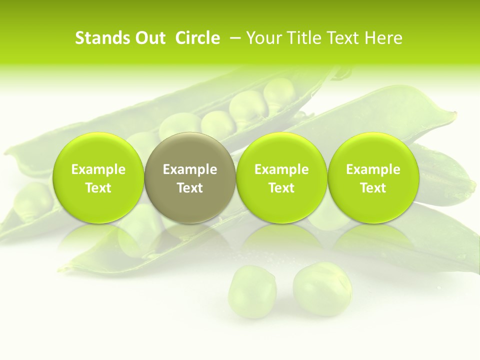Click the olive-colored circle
[x=190, y=177]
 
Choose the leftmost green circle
[x=98, y=177]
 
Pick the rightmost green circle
[x=373, y=177]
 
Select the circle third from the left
[x=281, y=177]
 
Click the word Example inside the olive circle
[x=190, y=169]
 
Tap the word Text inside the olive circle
[x=190, y=188]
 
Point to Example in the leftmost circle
[x=98, y=169]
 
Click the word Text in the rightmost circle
[x=373, y=188]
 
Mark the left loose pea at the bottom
[x=252, y=291]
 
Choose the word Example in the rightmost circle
[x=373, y=169]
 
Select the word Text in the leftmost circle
[x=98, y=188]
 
